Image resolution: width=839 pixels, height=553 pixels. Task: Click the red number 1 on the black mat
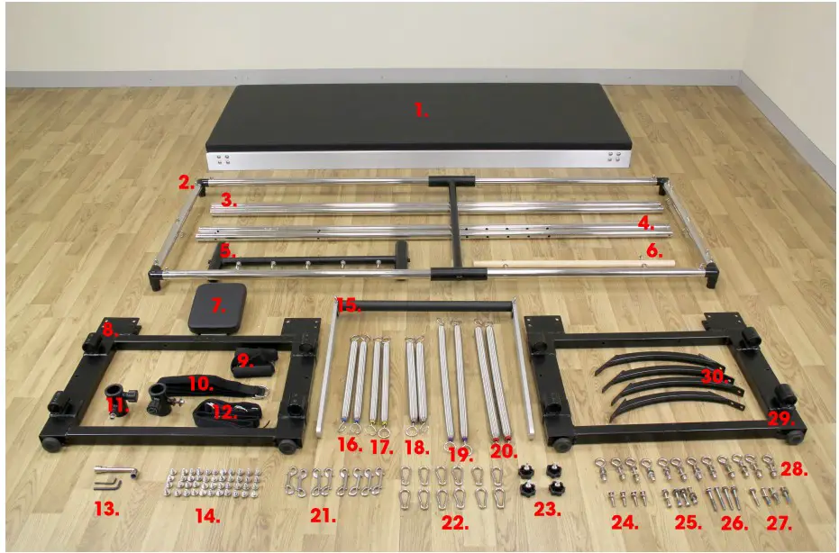(420, 111)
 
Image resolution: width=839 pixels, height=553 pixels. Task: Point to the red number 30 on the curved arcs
(716, 377)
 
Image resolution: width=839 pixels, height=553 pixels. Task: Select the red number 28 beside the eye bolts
(794, 469)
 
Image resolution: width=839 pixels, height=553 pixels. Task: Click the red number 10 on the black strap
(199, 383)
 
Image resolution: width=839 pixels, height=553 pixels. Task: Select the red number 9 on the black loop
(241, 364)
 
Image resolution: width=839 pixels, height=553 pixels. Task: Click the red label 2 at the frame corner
(187, 183)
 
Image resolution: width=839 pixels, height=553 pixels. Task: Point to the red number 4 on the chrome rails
(645, 221)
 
